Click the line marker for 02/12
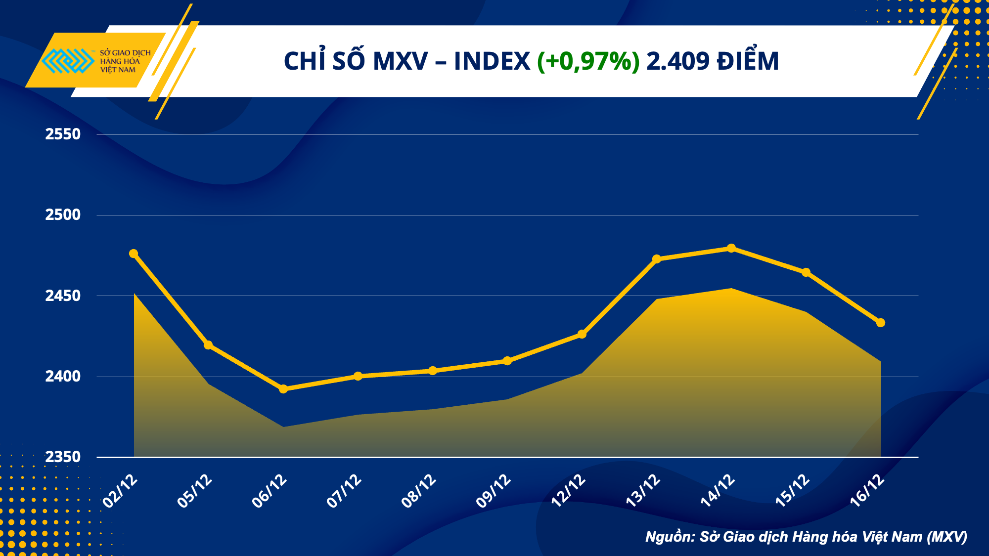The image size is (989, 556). [x=134, y=254]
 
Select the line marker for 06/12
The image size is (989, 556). [x=283, y=389]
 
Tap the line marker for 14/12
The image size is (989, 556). [x=731, y=248]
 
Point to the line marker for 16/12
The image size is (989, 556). [x=881, y=323]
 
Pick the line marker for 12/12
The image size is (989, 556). [x=582, y=334]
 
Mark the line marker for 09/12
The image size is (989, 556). [x=507, y=361]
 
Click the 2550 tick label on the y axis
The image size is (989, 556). [x=63, y=134]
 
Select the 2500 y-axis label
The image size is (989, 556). [x=63, y=215]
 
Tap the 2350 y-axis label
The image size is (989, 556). [x=63, y=457]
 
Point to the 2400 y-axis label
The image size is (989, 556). [x=63, y=377]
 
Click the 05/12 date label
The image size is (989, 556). [x=195, y=491]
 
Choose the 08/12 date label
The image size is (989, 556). [x=419, y=491]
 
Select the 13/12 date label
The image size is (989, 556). [x=643, y=491]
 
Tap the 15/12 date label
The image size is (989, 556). [x=792, y=491]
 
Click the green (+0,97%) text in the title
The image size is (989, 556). [x=588, y=61]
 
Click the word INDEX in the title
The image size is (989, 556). [x=492, y=61]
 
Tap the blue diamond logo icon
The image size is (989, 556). [x=68, y=61]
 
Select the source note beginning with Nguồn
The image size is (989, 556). [x=806, y=537]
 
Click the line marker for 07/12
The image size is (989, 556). [x=358, y=376]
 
